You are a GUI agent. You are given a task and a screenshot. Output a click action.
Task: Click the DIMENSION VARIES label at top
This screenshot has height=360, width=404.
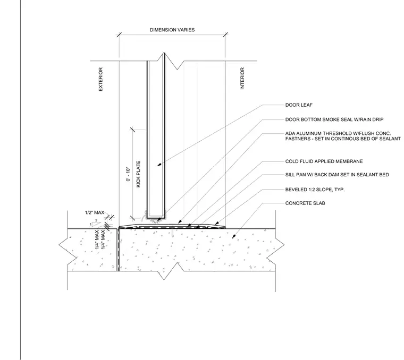click(x=172, y=30)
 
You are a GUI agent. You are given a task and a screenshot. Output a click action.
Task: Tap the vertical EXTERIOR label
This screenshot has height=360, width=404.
click(x=101, y=79)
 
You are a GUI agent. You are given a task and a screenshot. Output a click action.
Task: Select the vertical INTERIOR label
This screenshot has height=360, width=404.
click(x=242, y=79)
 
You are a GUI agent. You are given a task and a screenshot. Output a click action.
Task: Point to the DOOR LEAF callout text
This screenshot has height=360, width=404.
click(x=299, y=105)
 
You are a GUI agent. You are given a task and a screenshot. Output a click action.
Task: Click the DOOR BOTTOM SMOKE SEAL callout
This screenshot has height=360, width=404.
click(x=334, y=119)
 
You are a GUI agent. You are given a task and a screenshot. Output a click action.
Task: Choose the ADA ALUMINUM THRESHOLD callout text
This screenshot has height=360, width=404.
click(x=343, y=136)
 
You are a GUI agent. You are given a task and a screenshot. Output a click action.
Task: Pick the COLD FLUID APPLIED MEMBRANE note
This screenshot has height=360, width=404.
click(x=324, y=161)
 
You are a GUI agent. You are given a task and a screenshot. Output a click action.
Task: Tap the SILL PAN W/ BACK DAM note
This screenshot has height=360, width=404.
click(x=337, y=175)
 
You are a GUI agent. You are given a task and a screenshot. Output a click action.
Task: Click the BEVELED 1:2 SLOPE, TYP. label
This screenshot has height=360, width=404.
click(x=315, y=190)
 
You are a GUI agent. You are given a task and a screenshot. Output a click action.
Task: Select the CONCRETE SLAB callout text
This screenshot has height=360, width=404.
click(x=305, y=203)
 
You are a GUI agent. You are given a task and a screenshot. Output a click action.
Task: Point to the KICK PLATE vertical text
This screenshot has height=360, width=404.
click(x=138, y=174)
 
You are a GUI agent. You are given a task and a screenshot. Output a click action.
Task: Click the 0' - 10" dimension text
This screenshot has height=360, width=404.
click(x=128, y=174)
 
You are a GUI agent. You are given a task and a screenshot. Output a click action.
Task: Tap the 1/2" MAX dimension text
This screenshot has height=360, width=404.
click(x=95, y=212)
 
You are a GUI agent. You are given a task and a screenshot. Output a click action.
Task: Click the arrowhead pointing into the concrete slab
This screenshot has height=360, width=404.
click(x=234, y=236)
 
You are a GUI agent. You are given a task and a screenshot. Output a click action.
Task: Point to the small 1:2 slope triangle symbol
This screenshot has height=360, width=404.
click(x=95, y=224)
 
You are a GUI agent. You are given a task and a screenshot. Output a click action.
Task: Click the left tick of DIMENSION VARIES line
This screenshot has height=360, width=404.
click(x=119, y=35)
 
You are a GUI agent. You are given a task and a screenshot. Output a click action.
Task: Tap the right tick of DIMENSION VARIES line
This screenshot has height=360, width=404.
click(x=225, y=35)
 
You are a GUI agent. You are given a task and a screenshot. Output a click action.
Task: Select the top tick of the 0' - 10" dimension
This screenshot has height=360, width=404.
click(x=133, y=130)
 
